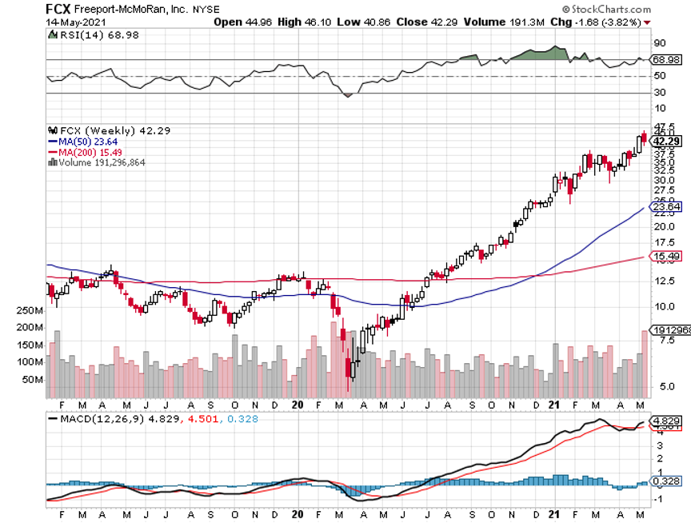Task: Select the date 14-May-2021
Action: (69, 22)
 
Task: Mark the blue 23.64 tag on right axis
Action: (665, 207)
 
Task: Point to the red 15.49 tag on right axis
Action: (665, 256)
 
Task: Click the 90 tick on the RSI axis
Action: (660, 43)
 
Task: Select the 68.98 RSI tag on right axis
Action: (667, 60)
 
